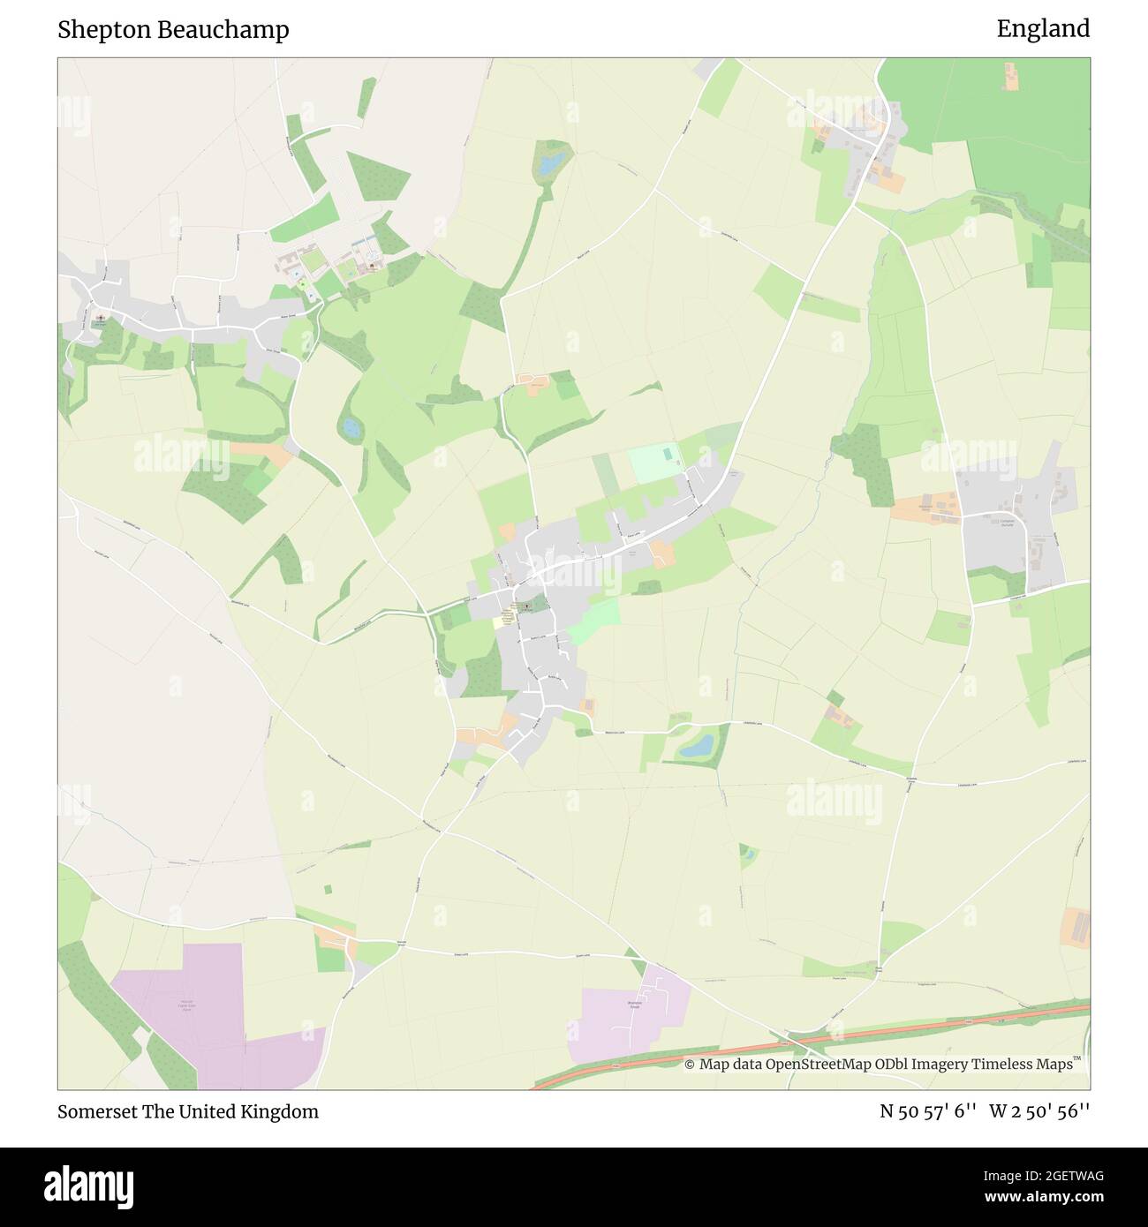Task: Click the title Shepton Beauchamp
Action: (x=173, y=30)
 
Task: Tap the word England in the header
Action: (x=1043, y=29)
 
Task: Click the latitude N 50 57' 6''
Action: (x=927, y=1111)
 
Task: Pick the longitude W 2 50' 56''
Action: (x=1039, y=1111)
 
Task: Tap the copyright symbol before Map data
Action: (x=690, y=1065)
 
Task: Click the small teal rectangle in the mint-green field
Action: (x=668, y=453)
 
